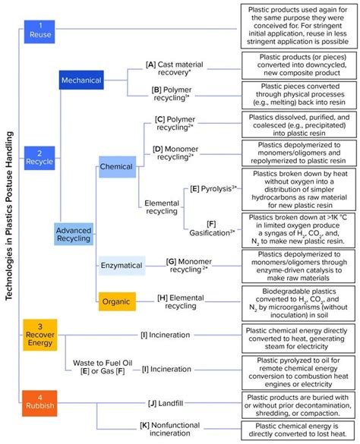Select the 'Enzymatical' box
(122, 265)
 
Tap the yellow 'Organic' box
(116, 301)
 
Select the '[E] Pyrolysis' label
(212, 187)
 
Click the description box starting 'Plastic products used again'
(298, 25)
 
